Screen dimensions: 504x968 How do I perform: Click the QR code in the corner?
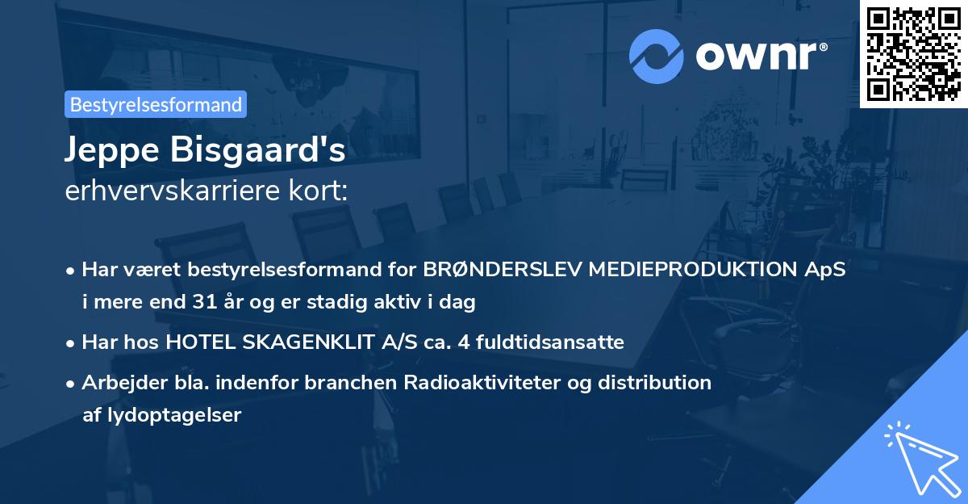click(913, 53)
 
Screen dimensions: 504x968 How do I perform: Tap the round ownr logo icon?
click(656, 56)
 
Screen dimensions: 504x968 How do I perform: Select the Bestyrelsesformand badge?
click(156, 104)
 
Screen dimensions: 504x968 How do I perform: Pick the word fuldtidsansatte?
click(548, 342)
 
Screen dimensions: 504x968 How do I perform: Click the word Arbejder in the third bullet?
click(116, 382)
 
